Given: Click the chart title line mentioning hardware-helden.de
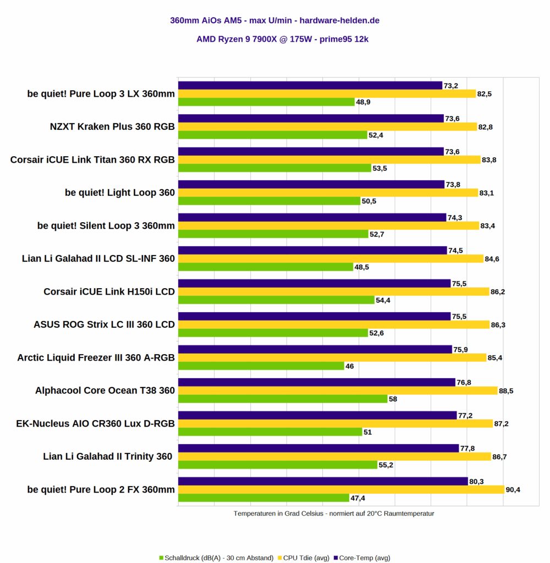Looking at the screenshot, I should click(x=274, y=21).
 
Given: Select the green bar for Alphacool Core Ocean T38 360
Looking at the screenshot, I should click(x=283, y=399).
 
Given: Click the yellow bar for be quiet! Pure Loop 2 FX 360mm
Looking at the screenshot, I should click(x=341, y=489).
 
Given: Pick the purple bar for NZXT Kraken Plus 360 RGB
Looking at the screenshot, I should click(x=311, y=118).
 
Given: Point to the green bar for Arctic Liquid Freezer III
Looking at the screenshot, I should click(x=261, y=366).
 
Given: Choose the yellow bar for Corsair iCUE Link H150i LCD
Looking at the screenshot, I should click(x=334, y=291).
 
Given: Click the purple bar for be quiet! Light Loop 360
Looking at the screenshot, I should click(x=311, y=184).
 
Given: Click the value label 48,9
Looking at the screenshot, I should click(x=364, y=102).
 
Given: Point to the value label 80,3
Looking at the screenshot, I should click(x=476, y=481).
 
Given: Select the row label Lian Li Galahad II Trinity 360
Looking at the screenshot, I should click(x=108, y=456).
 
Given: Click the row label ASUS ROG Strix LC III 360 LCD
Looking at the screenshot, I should click(x=104, y=324).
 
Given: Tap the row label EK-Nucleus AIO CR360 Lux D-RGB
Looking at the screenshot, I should click(x=96, y=423).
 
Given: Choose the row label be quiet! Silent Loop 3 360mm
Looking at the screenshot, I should click(x=106, y=225).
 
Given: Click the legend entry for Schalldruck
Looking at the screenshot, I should click(x=216, y=558).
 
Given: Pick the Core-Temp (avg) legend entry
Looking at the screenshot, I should click(x=361, y=558).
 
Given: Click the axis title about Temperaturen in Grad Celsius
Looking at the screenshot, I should click(x=334, y=514).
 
